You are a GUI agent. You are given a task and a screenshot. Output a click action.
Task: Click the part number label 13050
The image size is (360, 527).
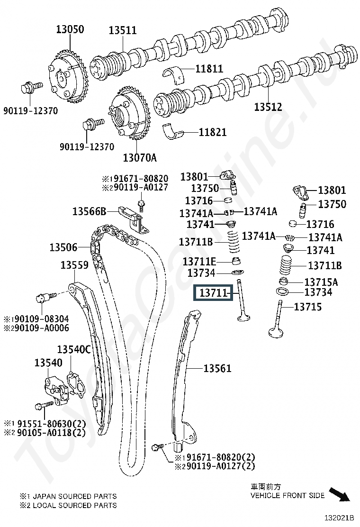(70, 30)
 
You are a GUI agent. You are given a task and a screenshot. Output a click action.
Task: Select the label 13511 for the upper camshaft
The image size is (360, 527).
(122, 31)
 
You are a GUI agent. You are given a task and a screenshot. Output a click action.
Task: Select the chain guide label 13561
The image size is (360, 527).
(217, 368)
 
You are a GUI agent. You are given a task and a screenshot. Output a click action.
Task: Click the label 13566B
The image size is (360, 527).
(89, 210)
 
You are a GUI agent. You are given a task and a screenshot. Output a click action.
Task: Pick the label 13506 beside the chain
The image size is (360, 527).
(63, 247)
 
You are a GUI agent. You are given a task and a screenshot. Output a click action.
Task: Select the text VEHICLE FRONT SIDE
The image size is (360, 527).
(288, 496)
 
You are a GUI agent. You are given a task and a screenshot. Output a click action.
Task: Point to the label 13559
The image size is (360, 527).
(74, 265)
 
